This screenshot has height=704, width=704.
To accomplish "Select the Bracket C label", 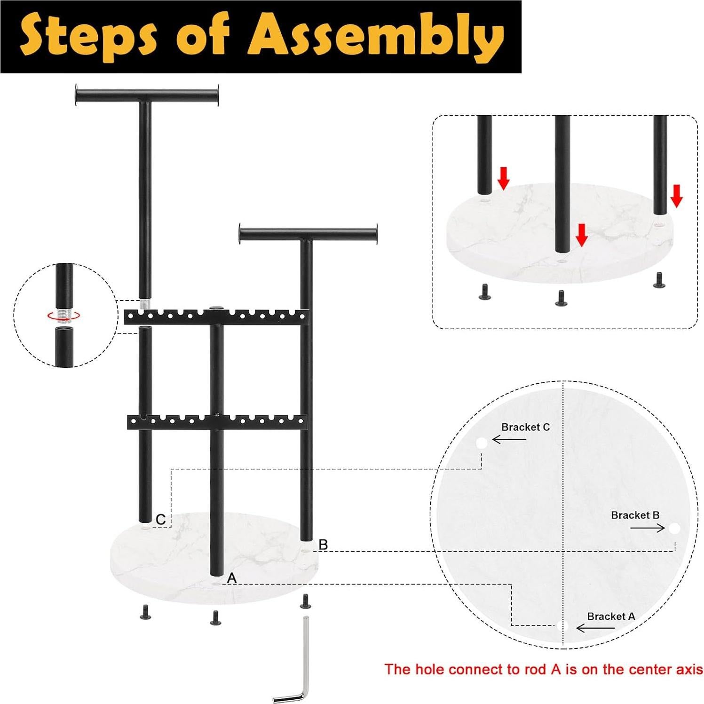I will point(525,427).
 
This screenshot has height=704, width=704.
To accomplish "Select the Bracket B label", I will point(635,515).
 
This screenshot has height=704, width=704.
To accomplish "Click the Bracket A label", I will point(610,616).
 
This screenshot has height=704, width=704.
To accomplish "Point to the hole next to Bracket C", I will point(481,443).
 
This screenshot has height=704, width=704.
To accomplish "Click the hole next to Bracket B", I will point(674,529).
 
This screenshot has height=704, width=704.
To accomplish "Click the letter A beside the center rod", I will point(231,578).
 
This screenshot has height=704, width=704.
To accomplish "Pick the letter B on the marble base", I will point(323,545).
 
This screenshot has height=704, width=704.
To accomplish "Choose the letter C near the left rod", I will point(160,520).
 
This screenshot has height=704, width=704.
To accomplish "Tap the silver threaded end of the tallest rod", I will point(145,304).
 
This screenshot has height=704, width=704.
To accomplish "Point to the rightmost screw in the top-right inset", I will point(658,281).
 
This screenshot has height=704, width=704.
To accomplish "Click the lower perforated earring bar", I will point(216,421).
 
